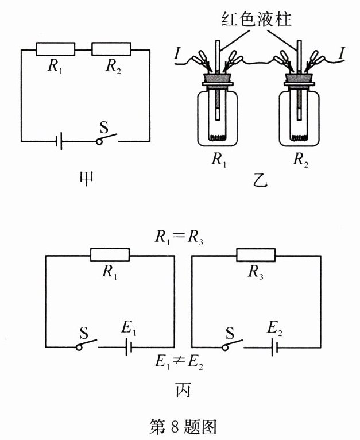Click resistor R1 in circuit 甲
[x=55, y=49]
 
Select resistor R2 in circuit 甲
[x=111, y=49]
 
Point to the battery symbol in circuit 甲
[x=60, y=141]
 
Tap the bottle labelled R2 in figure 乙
[x=298, y=118]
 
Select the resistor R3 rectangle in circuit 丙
[x=256, y=255]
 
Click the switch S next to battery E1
[x=86, y=344]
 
